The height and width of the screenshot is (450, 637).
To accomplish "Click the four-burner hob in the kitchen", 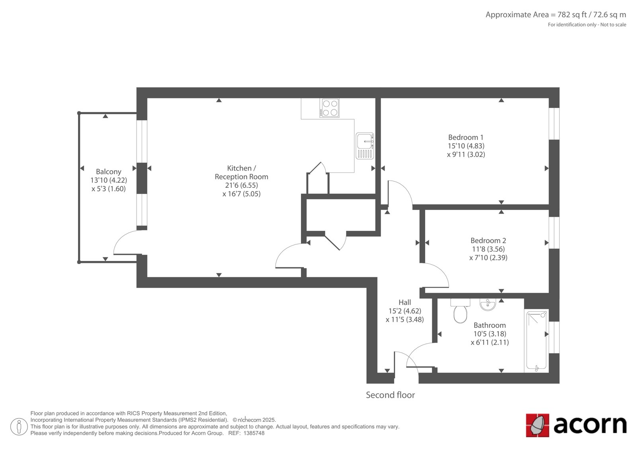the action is click(329, 108).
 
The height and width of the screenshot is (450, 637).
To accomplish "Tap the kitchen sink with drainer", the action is click(365, 146).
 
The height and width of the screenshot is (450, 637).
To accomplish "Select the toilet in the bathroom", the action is click(460, 311).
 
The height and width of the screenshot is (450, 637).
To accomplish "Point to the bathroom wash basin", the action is click(488, 304).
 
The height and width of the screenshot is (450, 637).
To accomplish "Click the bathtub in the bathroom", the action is click(536, 341).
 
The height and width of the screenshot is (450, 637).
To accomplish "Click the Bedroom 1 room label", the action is click(466, 137).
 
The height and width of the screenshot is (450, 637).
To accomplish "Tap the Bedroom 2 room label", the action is click(488, 240).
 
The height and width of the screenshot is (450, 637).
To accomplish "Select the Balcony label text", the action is click(109, 172).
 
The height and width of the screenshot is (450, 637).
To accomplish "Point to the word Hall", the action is click(404, 302).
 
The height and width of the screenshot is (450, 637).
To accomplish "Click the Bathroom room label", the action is click(490, 325).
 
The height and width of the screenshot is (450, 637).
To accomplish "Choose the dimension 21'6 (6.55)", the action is click(241, 185).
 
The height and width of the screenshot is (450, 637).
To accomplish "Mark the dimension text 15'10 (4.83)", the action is click(466, 146).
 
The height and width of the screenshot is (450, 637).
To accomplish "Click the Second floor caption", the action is click(390, 395).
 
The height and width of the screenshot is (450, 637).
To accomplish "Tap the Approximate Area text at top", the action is click(556, 15).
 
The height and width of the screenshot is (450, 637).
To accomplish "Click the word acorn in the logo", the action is click(590, 425).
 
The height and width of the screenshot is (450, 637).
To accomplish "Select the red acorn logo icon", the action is click(537, 425).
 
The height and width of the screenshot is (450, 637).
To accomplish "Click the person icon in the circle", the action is click(19, 427).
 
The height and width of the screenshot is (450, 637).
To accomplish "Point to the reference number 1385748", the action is click(254, 433).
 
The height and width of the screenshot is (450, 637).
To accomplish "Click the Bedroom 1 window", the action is click(554, 124).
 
